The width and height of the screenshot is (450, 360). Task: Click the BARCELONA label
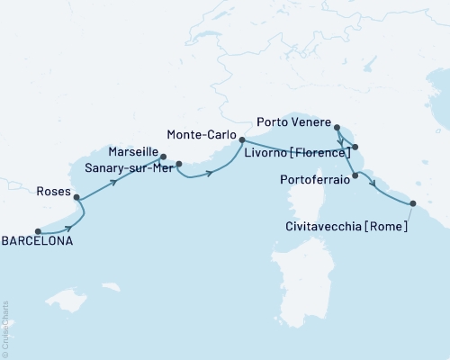pos(38,242)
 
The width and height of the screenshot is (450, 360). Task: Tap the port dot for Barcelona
pos(38,230)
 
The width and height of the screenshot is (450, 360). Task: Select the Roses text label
pos(53,191)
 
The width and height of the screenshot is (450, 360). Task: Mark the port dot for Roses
pos(76,197)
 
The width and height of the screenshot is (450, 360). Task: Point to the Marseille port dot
pos(163,157)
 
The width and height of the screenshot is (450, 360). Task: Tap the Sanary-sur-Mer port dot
pos(179,164)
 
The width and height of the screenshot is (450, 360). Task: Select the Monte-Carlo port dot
pos(241,139)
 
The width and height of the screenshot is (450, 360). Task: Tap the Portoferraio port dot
pos(355,175)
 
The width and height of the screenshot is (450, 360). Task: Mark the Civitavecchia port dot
pos(413,204)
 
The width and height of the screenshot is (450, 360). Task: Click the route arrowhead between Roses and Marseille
pos(118,182)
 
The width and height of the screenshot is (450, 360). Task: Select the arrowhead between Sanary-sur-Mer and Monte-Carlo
pos(210,172)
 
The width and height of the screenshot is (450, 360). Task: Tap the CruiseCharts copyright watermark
pos(5,329)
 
